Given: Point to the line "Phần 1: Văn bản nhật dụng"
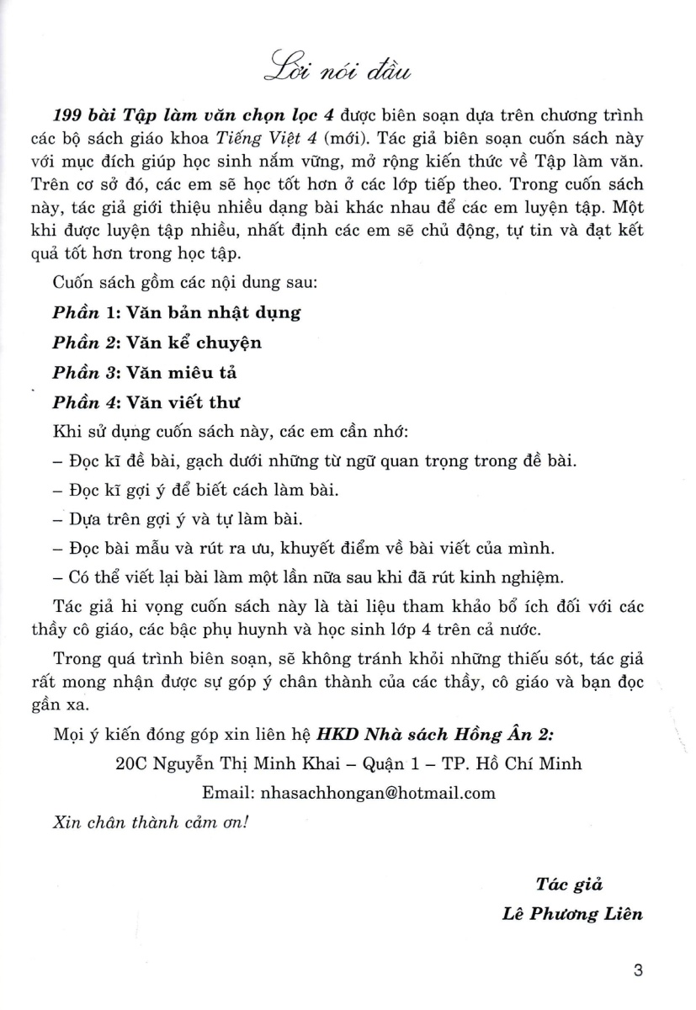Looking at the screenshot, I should pos(177,312).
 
